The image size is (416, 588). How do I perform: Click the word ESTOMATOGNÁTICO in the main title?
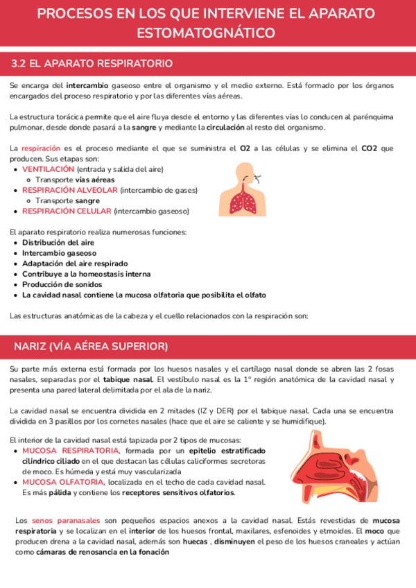[x=205, y=33]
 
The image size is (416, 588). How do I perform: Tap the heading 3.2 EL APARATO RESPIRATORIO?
[x=92, y=64]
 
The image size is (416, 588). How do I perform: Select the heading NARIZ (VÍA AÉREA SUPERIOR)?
[x=90, y=345]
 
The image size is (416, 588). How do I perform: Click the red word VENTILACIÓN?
[x=48, y=169]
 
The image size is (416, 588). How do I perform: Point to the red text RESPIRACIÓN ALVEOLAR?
[x=70, y=190]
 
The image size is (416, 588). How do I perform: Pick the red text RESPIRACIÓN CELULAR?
[x=67, y=211]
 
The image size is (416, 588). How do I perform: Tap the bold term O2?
[x=245, y=148]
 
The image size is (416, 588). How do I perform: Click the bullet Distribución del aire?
[x=58, y=243]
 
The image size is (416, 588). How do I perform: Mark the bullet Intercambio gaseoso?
[x=60, y=253]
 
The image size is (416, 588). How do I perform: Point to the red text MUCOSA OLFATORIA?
[x=64, y=482]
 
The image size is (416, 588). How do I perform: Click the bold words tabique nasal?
[x=128, y=379]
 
